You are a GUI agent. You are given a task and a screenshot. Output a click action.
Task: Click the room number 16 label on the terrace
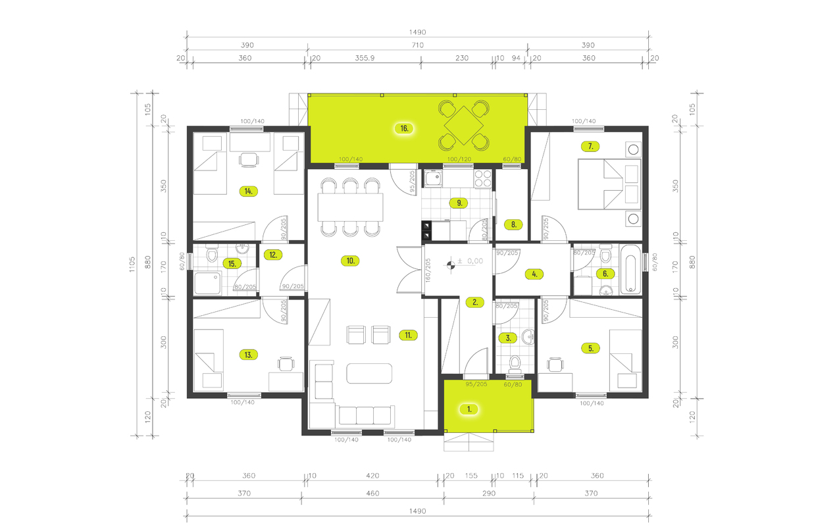(405, 128)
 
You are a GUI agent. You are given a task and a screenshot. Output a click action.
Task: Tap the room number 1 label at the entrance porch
(469, 409)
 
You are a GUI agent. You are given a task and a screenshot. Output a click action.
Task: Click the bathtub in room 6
(630, 269)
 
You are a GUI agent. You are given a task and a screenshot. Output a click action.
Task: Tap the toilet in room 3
(515, 363)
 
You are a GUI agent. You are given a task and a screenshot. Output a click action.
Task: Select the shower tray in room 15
(209, 284)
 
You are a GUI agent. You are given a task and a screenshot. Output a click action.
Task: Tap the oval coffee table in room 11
(370, 373)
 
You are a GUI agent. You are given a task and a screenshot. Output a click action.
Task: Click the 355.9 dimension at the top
(364, 58)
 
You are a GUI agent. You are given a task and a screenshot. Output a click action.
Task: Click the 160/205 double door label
(428, 270)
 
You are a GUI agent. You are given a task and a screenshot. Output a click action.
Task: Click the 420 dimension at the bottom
(372, 475)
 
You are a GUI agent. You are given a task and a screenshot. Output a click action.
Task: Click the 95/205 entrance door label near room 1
(476, 384)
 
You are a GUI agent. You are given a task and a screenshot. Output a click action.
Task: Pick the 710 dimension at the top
(417, 45)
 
